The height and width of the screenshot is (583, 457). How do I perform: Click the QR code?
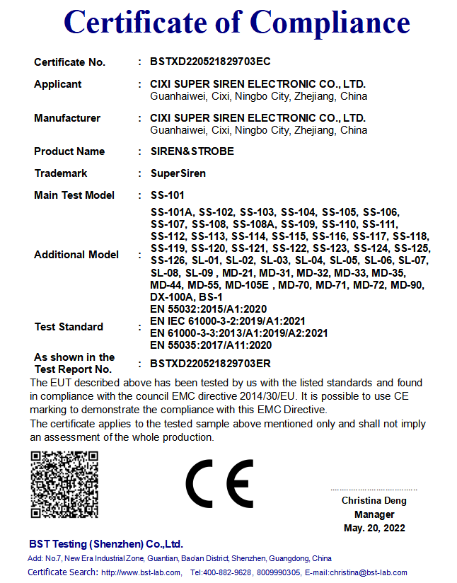click(64, 485)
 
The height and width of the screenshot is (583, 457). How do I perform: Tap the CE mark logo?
click(219, 484)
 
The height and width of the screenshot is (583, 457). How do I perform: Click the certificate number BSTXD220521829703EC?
click(211, 62)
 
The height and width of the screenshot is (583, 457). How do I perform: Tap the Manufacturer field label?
click(67, 118)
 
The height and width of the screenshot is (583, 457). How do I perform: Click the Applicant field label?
click(57, 84)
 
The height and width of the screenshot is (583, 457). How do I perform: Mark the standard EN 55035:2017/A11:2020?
click(211, 345)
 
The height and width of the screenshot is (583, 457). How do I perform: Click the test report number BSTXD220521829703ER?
click(211, 364)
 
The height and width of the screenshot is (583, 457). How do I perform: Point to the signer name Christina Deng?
click(374, 500)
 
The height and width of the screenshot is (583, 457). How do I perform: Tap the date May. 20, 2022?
click(374, 529)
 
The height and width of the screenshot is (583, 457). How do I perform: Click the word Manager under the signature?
click(374, 514)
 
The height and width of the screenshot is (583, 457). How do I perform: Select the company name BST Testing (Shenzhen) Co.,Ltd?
click(106, 544)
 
